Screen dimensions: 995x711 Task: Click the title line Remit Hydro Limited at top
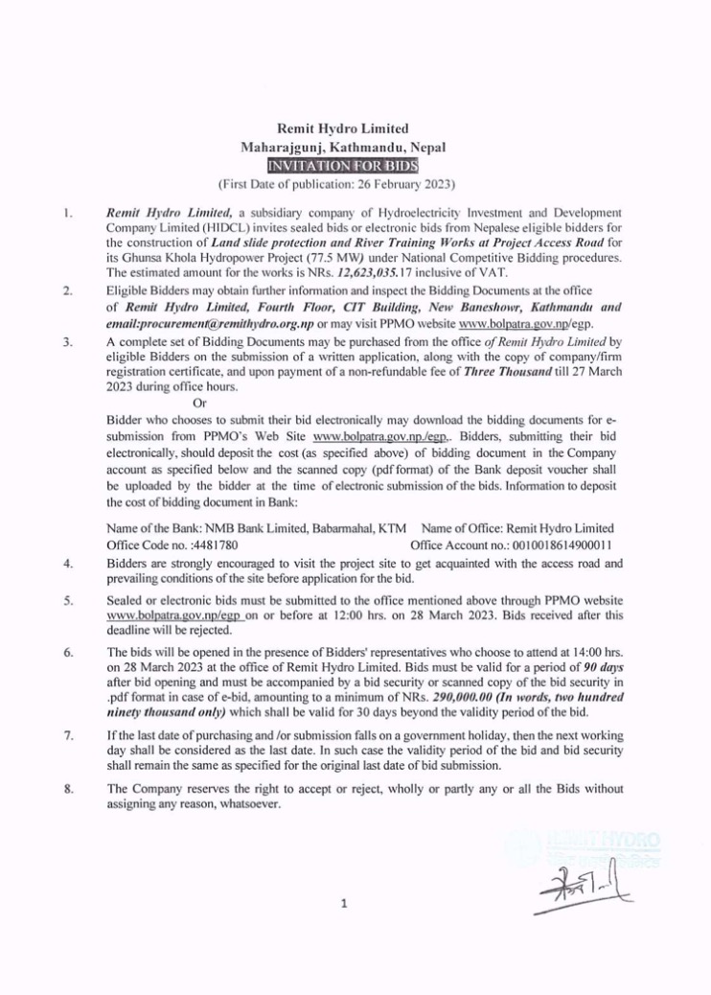pos(355,128)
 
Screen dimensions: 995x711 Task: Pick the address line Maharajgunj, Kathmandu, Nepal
pos(355,147)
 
